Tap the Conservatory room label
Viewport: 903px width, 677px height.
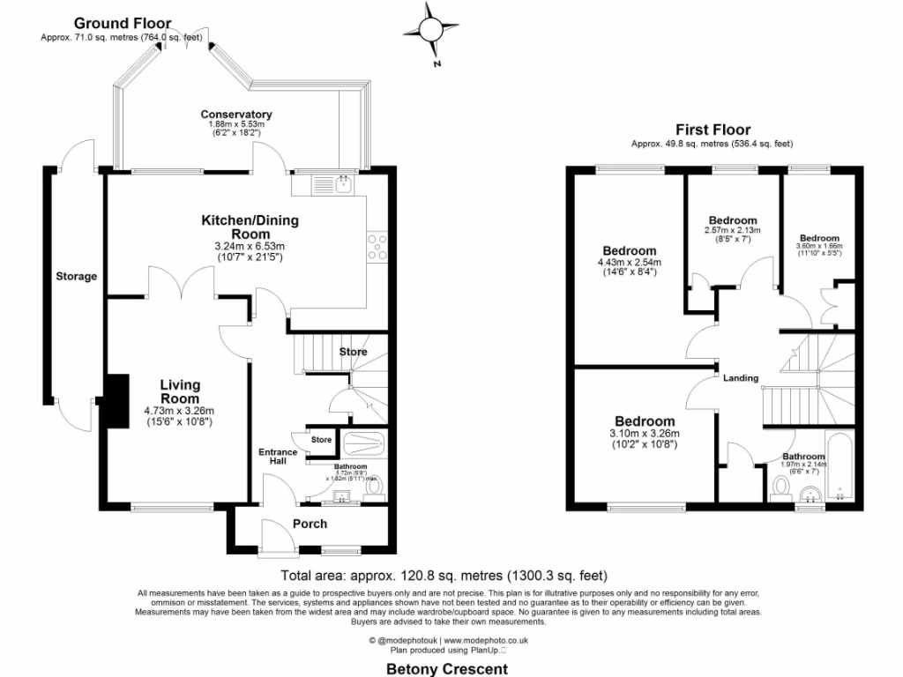tap(235, 115)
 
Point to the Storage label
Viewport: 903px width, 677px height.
tap(77, 277)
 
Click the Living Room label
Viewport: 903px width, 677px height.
tap(180, 391)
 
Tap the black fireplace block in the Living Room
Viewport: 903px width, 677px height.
tap(116, 400)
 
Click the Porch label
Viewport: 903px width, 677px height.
tap(310, 524)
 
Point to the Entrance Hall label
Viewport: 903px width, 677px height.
tap(278, 458)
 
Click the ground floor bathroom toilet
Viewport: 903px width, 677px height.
tap(374, 487)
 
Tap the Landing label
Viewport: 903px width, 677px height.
tap(741, 378)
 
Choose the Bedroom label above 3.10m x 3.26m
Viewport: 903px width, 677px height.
tap(645, 421)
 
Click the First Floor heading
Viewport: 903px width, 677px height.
tap(713, 130)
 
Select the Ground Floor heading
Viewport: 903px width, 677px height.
tap(123, 23)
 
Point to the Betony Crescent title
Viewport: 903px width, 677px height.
tap(448, 669)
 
